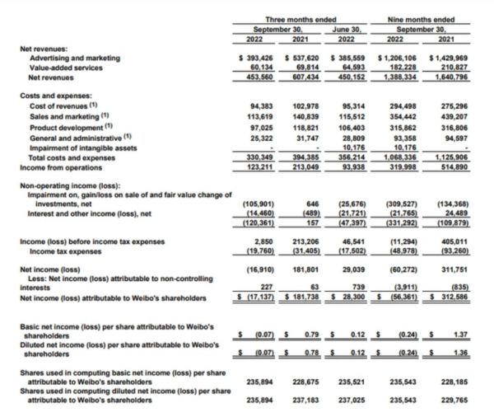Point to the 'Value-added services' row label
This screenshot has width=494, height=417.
pos(67,68)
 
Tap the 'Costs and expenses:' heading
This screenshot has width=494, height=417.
pos(52,96)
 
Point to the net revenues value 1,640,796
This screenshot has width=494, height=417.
pos(451,77)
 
